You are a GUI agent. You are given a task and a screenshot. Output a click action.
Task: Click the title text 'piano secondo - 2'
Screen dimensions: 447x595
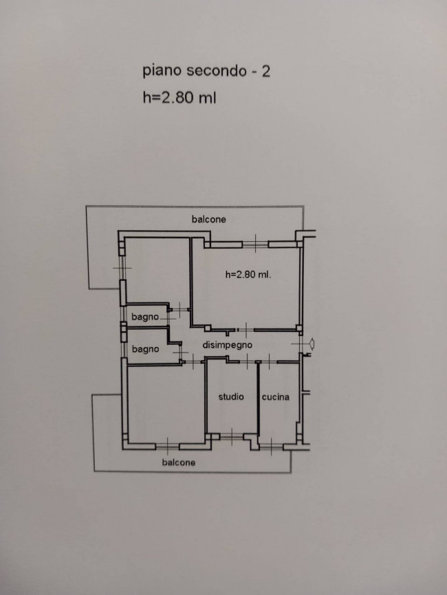click(x=206, y=71)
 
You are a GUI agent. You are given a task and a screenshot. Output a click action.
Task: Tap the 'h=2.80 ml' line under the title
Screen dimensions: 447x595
click(x=179, y=98)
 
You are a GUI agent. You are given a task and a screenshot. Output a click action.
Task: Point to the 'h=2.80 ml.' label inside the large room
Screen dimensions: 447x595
click(x=248, y=274)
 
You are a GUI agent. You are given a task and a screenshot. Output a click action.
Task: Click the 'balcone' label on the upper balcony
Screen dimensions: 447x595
click(x=208, y=219)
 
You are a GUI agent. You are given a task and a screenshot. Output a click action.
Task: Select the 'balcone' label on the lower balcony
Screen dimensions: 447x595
click(x=179, y=462)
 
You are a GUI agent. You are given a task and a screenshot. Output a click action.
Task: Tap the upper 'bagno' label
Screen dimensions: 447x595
click(x=145, y=317)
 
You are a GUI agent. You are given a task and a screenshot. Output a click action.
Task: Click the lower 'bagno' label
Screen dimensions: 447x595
click(x=146, y=349)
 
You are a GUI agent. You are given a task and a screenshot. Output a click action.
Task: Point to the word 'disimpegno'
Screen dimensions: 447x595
click(x=227, y=346)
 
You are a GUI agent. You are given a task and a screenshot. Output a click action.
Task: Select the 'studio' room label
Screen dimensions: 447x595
click(x=231, y=397)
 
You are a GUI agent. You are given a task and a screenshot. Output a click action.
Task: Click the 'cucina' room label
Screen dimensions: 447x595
click(x=275, y=397)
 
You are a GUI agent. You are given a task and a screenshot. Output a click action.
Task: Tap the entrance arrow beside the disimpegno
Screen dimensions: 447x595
click(x=311, y=344)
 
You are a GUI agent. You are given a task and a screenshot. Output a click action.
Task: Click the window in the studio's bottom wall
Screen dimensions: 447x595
click(x=232, y=437)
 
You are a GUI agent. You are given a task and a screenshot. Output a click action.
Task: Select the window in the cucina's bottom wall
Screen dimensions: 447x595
click(x=271, y=447)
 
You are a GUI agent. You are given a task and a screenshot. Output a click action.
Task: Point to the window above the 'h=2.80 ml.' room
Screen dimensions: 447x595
click(x=255, y=244)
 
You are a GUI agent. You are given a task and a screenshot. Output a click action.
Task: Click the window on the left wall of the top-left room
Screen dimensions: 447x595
click(x=122, y=268)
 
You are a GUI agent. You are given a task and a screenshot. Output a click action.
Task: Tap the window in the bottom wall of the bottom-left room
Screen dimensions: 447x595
click(x=168, y=447)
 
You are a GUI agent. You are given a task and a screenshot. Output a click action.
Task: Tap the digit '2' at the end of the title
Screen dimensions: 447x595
click(x=266, y=71)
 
